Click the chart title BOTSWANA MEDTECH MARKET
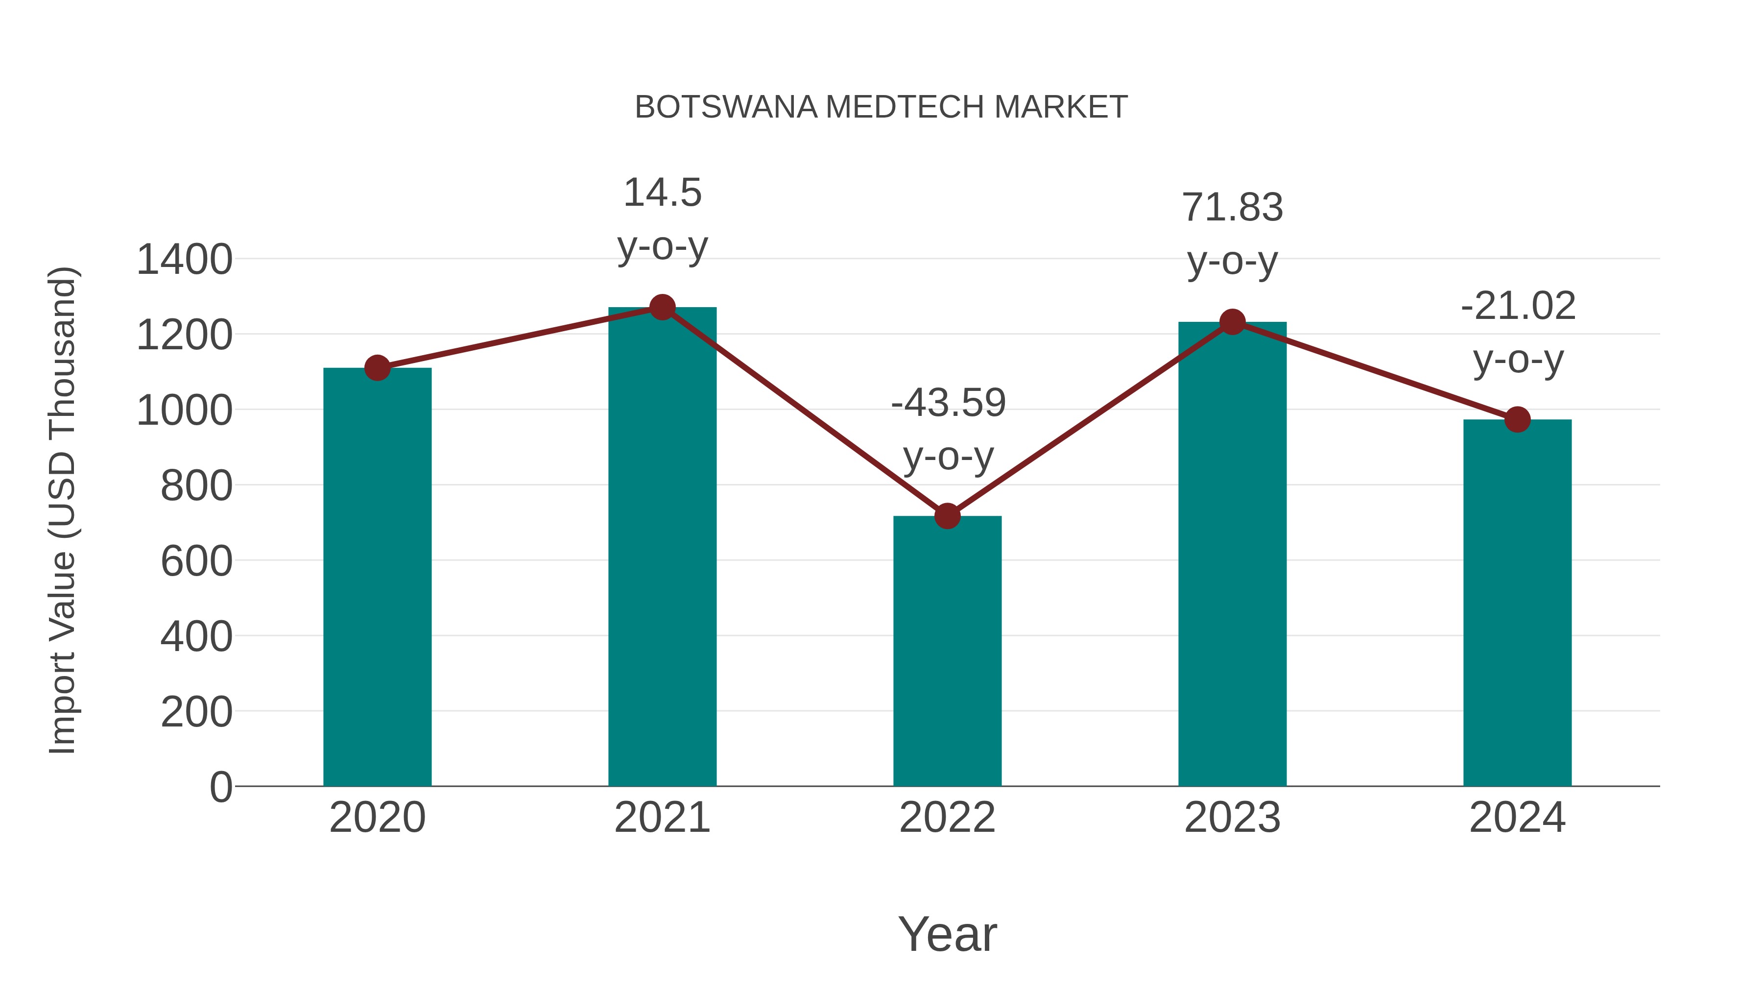[x=881, y=107]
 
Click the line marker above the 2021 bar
[x=662, y=307]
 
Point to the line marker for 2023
[x=1233, y=322]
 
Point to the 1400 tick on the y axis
[x=185, y=260]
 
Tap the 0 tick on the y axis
[x=221, y=787]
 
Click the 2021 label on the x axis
[x=662, y=818]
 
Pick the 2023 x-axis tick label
[x=1232, y=818]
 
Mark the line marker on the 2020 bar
[x=377, y=368]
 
